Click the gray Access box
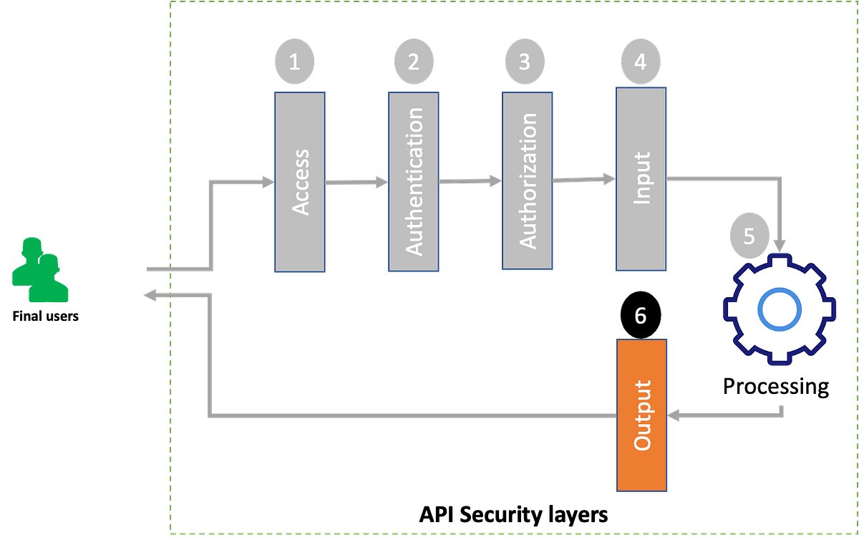300,182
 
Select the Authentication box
414,181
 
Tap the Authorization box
527,180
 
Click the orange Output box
642,415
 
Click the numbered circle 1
294,62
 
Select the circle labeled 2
413,62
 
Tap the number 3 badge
525,62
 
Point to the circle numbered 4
640,62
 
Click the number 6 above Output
641,316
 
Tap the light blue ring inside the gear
778,309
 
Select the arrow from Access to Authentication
356,183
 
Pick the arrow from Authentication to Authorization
470,181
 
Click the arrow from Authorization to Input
584,180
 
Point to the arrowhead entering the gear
780,246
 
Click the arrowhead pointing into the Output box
674,415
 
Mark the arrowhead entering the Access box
267,182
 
